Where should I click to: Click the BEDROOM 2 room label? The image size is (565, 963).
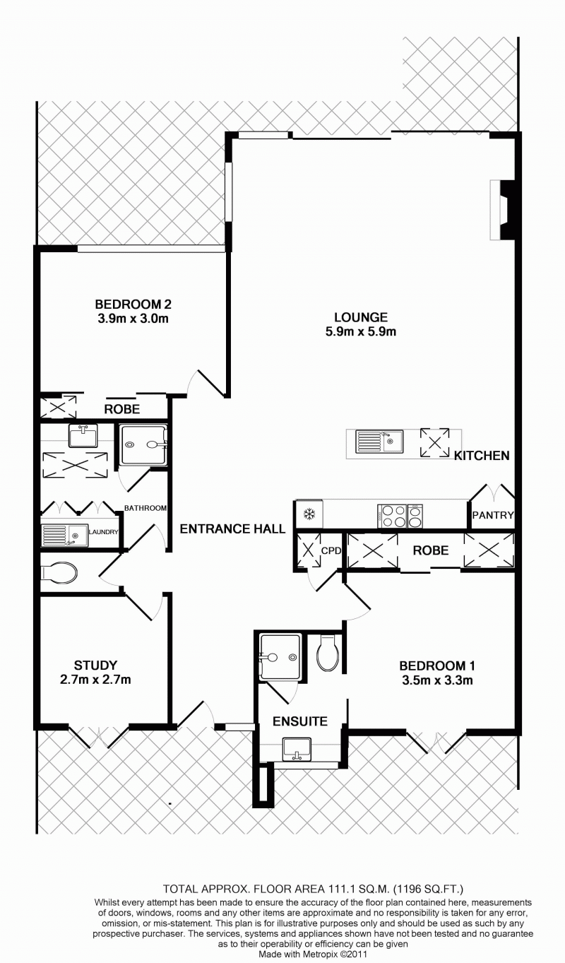tap(133, 305)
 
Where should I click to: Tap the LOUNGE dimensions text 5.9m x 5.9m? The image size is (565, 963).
tap(361, 331)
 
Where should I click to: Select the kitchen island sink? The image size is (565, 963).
tap(379, 442)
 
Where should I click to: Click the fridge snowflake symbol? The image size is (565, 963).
tap(309, 514)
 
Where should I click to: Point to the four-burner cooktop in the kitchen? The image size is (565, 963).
tap(392, 516)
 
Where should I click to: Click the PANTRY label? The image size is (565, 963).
tap(493, 514)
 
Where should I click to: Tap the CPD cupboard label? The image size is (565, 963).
tap(331, 550)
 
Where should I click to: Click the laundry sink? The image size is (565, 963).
tap(64, 536)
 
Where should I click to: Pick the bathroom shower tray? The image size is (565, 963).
tap(143, 445)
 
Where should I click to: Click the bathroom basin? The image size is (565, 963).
tap(83, 435)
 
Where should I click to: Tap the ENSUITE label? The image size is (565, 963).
tap(300, 721)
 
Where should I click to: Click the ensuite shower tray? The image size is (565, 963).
tap(280, 656)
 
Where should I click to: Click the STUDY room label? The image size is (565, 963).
tap(95, 665)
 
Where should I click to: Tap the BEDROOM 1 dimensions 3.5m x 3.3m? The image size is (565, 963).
tap(437, 680)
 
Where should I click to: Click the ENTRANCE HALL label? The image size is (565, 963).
tap(232, 528)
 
